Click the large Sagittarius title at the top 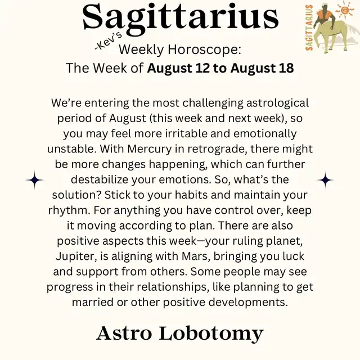[x=181, y=19]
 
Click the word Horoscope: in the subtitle [x=205, y=49]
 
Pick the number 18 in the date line [x=286, y=68]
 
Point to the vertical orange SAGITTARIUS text [x=309, y=27]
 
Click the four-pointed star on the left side [x=34, y=180]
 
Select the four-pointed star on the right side [x=325, y=180]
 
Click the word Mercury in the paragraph [x=150, y=149]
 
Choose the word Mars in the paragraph [x=196, y=256]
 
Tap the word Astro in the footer [x=124, y=333]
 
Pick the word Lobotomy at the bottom [x=211, y=334]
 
